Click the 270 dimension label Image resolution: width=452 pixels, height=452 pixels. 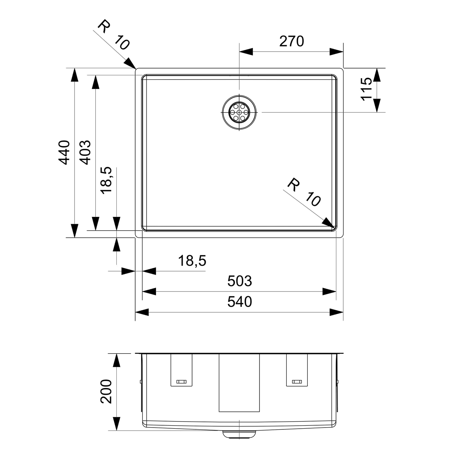coord(292,41)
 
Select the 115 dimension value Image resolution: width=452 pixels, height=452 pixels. coord(366,89)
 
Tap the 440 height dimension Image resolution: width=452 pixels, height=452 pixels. coord(64,153)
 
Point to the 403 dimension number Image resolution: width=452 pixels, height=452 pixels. coord(85,153)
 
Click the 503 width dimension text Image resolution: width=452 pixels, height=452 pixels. coord(240,281)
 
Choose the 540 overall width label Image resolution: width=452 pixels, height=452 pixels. coord(240,302)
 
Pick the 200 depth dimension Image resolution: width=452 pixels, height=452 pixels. coord(106,391)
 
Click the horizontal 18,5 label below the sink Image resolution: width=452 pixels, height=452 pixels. coord(192,261)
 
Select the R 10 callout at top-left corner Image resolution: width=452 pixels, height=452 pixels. coord(114,35)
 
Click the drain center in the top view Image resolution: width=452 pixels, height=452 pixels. coord(239,113)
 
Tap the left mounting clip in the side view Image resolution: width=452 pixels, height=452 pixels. coord(181,373)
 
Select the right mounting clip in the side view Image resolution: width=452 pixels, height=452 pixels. coord(297,373)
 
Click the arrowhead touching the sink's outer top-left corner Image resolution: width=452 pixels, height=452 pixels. coord(130,63)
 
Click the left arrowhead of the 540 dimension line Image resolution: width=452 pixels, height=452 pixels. coord(142,312)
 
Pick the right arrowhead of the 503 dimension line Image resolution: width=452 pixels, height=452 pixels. coord(329,292)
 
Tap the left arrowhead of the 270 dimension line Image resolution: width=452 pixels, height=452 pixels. coord(246,52)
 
